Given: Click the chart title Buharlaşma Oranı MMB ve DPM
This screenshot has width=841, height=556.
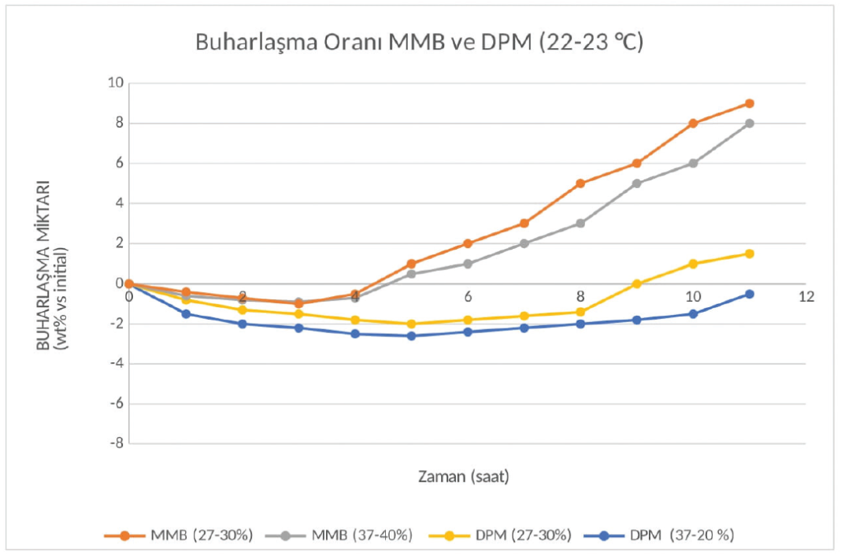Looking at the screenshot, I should tap(419, 43).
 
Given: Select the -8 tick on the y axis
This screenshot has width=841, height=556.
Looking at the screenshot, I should tap(115, 443).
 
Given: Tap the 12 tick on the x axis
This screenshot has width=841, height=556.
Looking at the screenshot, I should tap(806, 297).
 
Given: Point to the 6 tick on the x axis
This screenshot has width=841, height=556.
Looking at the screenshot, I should tap(468, 297).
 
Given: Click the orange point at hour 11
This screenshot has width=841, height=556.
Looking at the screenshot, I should tap(750, 103).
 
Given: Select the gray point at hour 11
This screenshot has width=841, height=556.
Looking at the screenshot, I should tap(750, 124).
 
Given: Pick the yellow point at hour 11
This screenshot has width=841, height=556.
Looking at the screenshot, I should tap(750, 254).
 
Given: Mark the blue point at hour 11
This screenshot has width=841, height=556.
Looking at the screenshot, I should tap(750, 294).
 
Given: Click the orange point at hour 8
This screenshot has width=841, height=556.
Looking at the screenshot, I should tap(580, 183).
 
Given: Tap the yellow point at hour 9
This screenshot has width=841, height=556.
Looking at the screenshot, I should tap(637, 284).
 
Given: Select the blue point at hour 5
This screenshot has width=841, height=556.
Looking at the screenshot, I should tap(411, 335).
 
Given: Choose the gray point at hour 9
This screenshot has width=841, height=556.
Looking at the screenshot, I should tap(637, 183).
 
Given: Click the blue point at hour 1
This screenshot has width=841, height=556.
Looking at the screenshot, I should tap(186, 313).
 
